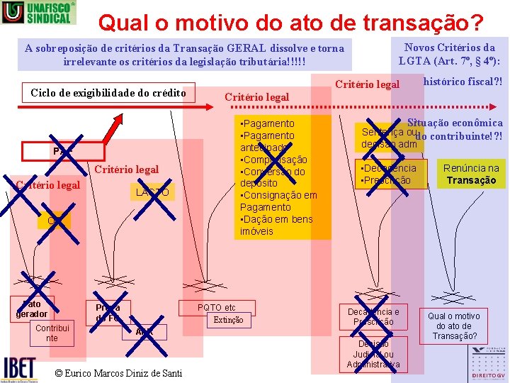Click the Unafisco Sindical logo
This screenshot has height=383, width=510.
point(38,12)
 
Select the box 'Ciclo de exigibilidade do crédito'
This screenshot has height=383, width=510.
point(108,93)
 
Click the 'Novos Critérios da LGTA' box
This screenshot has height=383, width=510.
point(450,54)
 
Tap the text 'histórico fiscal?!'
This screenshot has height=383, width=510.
point(462,82)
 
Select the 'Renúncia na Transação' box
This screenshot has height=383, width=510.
point(471,174)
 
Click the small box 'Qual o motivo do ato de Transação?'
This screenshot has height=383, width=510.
point(453,326)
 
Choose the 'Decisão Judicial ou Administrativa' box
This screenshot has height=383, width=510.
point(373,354)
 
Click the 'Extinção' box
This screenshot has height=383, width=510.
point(228,320)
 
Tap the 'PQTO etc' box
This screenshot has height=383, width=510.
point(217,307)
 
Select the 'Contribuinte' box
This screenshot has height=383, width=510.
point(52,333)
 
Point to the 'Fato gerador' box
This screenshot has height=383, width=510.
point(33,309)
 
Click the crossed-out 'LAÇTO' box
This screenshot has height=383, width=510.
point(152,192)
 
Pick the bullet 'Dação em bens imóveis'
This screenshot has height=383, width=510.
point(276,225)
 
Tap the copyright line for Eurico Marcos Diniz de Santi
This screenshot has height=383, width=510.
point(118,373)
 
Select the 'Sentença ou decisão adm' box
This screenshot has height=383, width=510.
point(389,138)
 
